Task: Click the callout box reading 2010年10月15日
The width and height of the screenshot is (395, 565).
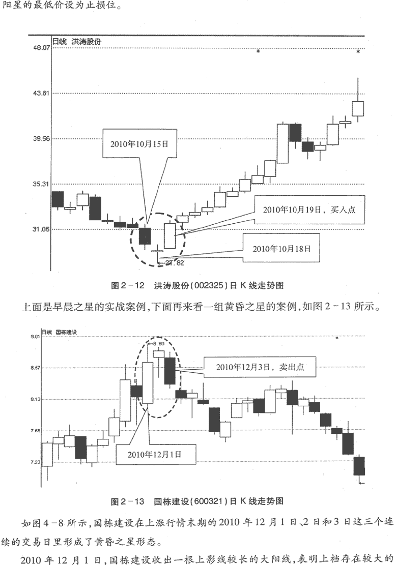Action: click(x=139, y=144)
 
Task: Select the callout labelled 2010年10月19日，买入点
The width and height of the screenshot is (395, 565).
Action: click(x=309, y=210)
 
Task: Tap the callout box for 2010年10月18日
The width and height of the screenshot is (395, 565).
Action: click(x=281, y=249)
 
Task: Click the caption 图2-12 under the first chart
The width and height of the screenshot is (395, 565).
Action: click(x=127, y=286)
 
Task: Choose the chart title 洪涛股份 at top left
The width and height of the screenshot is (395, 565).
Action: click(x=86, y=42)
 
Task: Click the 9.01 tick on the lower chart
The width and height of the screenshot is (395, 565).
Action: click(x=35, y=337)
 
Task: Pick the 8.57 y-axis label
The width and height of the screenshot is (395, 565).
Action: click(x=35, y=368)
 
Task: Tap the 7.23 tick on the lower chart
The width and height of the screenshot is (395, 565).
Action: click(x=35, y=462)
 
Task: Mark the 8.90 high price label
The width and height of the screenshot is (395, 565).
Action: click(x=159, y=344)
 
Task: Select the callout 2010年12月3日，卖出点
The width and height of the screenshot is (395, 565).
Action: click(x=260, y=367)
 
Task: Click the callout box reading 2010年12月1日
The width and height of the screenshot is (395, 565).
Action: click(x=155, y=454)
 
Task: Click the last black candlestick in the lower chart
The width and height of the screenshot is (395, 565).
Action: click(x=359, y=466)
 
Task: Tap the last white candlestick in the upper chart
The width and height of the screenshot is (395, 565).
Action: click(x=358, y=108)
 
